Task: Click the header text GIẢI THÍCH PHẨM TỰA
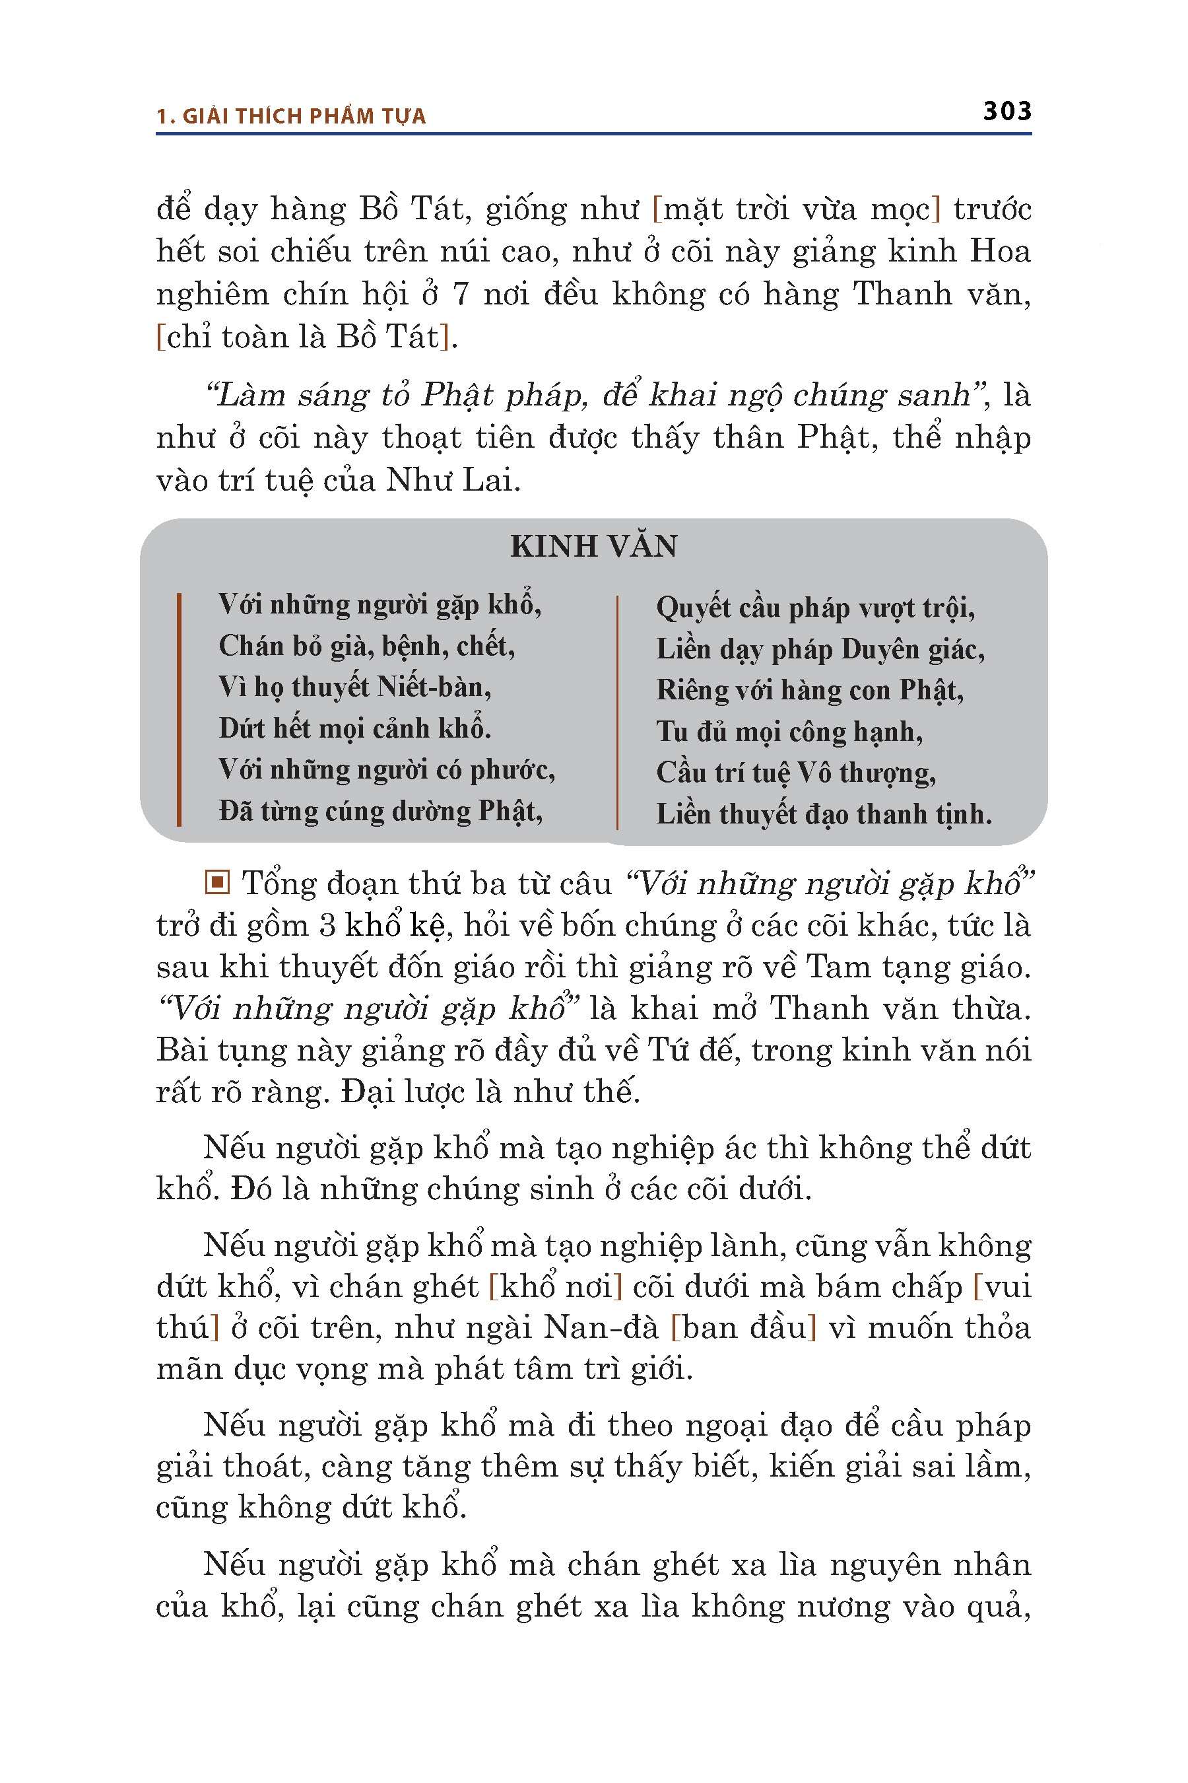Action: (x=304, y=116)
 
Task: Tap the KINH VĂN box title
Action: (x=593, y=547)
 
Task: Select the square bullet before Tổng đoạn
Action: (x=216, y=882)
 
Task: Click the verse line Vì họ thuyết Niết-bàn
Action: (x=354, y=687)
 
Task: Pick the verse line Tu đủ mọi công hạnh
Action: (x=789, y=732)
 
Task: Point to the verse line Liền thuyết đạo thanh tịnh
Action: (x=824, y=814)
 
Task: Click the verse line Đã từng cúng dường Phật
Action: (x=380, y=811)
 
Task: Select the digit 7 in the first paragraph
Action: (x=461, y=294)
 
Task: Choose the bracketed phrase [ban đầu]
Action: (x=744, y=1327)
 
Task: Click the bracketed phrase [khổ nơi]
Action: (x=555, y=1286)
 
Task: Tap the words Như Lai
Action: (x=452, y=480)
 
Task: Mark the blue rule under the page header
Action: (x=593, y=134)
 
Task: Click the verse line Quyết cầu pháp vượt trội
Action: (x=815, y=608)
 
